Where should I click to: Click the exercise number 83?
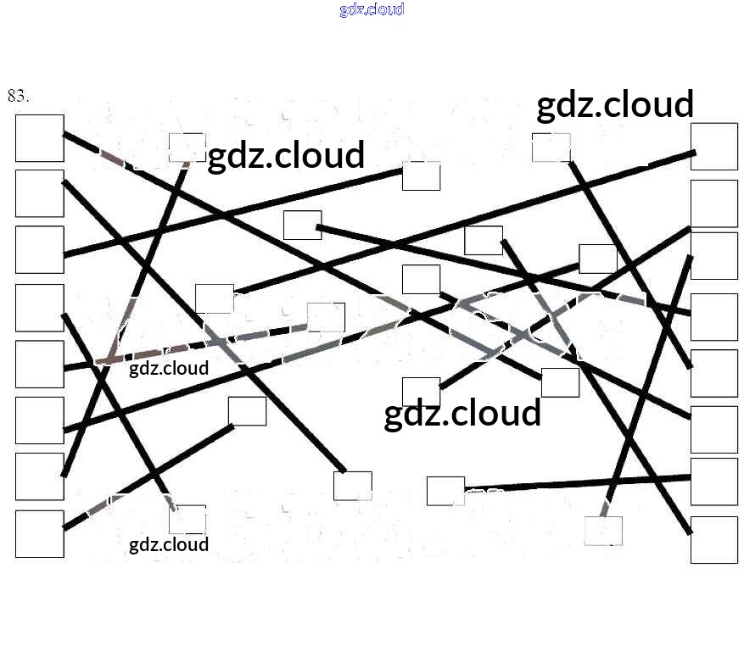18,95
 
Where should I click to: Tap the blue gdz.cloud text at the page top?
372,9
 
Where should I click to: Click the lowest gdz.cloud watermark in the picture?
169,544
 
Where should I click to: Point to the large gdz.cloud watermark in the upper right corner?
615,104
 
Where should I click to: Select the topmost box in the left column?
39,138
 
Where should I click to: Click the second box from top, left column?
39,193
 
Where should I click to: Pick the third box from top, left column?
39,249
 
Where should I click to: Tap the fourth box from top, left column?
39,308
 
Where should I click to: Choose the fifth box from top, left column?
39,364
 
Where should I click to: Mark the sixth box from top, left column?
39,420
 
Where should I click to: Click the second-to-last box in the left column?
39,476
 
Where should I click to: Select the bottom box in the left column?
39,533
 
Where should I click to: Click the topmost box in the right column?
713,147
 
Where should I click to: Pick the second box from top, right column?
713,203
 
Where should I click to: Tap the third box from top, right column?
713,255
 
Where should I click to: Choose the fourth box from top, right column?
713,316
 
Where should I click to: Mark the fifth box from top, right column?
713,373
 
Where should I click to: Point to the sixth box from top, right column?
713,429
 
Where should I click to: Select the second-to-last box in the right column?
713,481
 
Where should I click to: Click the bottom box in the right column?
713,539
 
